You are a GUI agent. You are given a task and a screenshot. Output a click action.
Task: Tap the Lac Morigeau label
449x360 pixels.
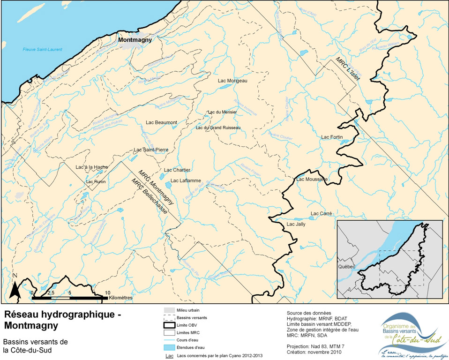232,81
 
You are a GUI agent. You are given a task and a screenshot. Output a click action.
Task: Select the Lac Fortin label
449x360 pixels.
332,137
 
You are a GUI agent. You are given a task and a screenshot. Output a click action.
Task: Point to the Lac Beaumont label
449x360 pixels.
161,122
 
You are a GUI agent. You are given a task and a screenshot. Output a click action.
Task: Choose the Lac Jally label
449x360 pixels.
296,225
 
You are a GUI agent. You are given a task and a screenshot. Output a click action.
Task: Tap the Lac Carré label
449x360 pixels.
321,214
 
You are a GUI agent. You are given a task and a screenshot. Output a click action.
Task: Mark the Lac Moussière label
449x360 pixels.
311,179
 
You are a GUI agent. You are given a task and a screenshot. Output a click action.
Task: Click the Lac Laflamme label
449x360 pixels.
186,180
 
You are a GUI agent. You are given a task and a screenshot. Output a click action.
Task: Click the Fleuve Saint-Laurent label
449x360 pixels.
43,49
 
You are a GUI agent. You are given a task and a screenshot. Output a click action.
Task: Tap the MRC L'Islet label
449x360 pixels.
347,69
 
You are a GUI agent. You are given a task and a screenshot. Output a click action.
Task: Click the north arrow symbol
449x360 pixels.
15,287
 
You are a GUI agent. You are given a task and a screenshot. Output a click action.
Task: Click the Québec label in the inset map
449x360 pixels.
346,267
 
